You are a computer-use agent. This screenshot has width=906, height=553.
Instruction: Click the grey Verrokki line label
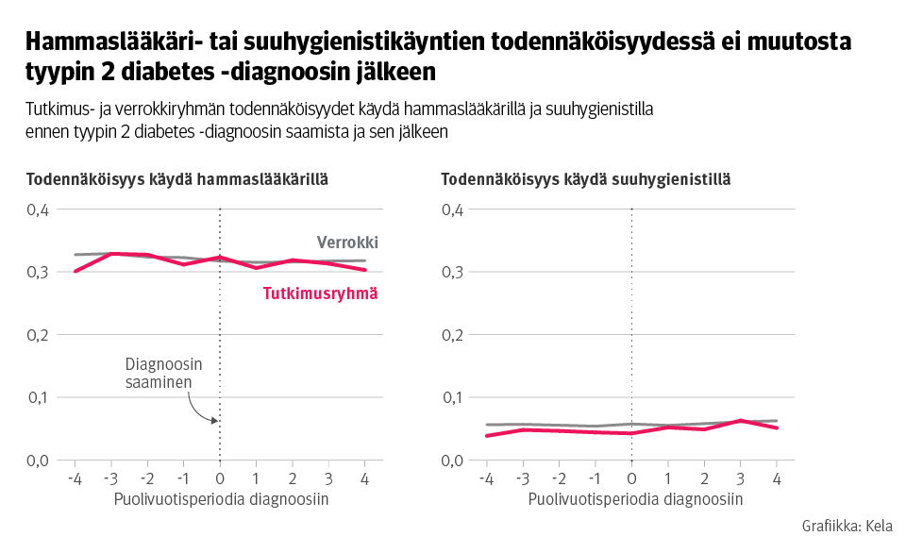(347, 243)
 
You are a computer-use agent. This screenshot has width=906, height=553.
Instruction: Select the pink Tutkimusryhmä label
(319, 293)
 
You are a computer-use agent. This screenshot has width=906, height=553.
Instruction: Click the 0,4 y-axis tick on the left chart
(37, 209)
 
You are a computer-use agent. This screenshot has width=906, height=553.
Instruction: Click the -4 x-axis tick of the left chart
(75, 478)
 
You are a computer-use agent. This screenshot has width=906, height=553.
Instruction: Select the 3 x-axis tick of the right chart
(740, 478)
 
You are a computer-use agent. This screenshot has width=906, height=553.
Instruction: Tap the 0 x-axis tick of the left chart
(220, 478)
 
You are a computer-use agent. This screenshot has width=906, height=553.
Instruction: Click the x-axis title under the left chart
(222, 499)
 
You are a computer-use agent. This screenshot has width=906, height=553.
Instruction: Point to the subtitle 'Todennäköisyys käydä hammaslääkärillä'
(177, 178)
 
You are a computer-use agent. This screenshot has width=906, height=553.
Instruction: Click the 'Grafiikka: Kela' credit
(847, 527)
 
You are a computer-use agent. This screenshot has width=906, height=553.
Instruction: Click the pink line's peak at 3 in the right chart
(740, 420)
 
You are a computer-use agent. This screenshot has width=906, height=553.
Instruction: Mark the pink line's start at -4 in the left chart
(75, 272)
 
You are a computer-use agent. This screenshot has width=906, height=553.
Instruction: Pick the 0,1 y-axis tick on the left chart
(37, 397)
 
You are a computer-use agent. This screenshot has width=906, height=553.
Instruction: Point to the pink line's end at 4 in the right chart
(777, 427)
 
